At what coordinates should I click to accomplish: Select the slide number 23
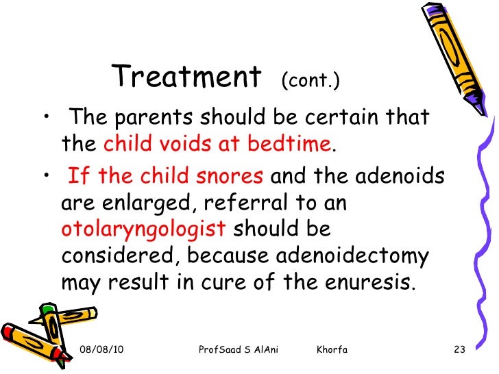coord(460,351)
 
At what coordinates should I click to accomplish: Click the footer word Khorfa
coord(332,351)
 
